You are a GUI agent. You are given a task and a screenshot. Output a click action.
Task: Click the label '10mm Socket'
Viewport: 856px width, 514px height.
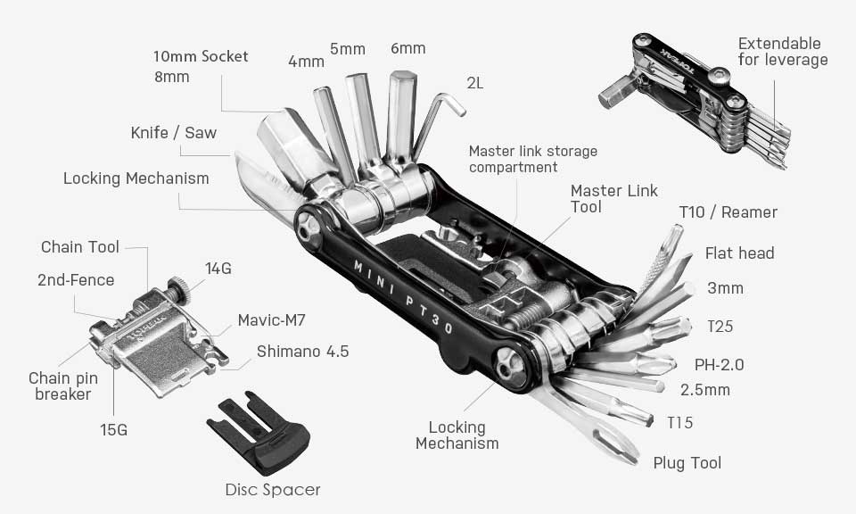tap(201, 56)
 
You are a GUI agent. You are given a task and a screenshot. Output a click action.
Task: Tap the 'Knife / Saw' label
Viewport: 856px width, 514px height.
tap(173, 133)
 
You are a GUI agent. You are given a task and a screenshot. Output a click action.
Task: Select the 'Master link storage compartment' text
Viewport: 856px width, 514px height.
tap(532, 159)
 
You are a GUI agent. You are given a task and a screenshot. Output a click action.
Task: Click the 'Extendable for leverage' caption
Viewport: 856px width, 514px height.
tap(782, 52)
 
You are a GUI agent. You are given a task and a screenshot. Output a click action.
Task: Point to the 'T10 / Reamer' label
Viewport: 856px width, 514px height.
tap(728, 212)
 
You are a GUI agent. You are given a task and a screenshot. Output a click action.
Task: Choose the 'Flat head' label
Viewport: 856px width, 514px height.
tap(739, 253)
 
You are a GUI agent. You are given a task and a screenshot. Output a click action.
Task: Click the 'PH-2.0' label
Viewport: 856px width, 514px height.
tap(719, 365)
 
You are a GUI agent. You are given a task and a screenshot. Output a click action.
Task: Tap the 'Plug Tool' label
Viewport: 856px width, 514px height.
tap(687, 462)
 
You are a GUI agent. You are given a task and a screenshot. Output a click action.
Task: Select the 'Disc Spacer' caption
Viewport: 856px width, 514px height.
tap(272, 489)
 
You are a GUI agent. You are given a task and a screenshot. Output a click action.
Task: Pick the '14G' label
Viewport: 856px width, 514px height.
tap(218, 268)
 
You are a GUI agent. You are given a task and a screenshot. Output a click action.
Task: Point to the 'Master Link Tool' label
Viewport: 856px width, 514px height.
tap(613, 199)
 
